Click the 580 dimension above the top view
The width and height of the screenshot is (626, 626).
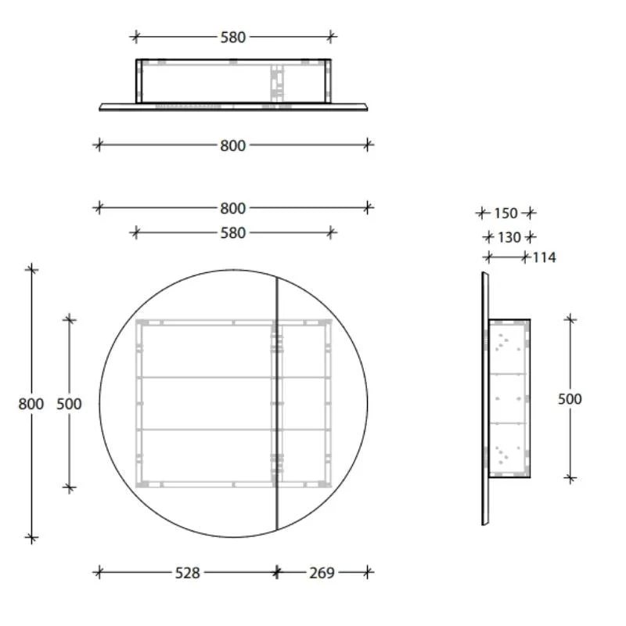tap(232, 36)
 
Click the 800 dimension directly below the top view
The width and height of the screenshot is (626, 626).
tap(232, 145)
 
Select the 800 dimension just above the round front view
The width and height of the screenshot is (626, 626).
tap(232, 208)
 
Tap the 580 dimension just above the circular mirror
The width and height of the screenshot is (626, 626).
tap(232, 232)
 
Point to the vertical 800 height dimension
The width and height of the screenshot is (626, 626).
tap(31, 404)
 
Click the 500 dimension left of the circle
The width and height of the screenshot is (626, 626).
tap(69, 404)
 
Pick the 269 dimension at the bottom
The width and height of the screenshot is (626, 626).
tap(322, 573)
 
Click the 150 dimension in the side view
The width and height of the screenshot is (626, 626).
tap(506, 213)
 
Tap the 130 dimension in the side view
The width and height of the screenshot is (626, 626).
tap(509, 237)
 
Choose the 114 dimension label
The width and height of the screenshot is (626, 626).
tap(544, 257)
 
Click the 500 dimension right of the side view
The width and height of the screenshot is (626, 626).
tap(570, 399)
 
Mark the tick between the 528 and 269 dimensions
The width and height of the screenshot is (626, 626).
tap(276, 573)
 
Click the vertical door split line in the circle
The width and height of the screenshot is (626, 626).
tap(277, 352)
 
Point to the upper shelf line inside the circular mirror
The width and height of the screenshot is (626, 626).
tap(203, 378)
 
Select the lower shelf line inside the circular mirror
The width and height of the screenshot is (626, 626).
tap(203, 430)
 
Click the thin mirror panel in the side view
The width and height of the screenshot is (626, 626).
tap(484, 399)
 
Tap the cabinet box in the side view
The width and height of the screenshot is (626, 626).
tap(510, 399)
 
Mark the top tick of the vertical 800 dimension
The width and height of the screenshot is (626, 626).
tap(31, 269)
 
